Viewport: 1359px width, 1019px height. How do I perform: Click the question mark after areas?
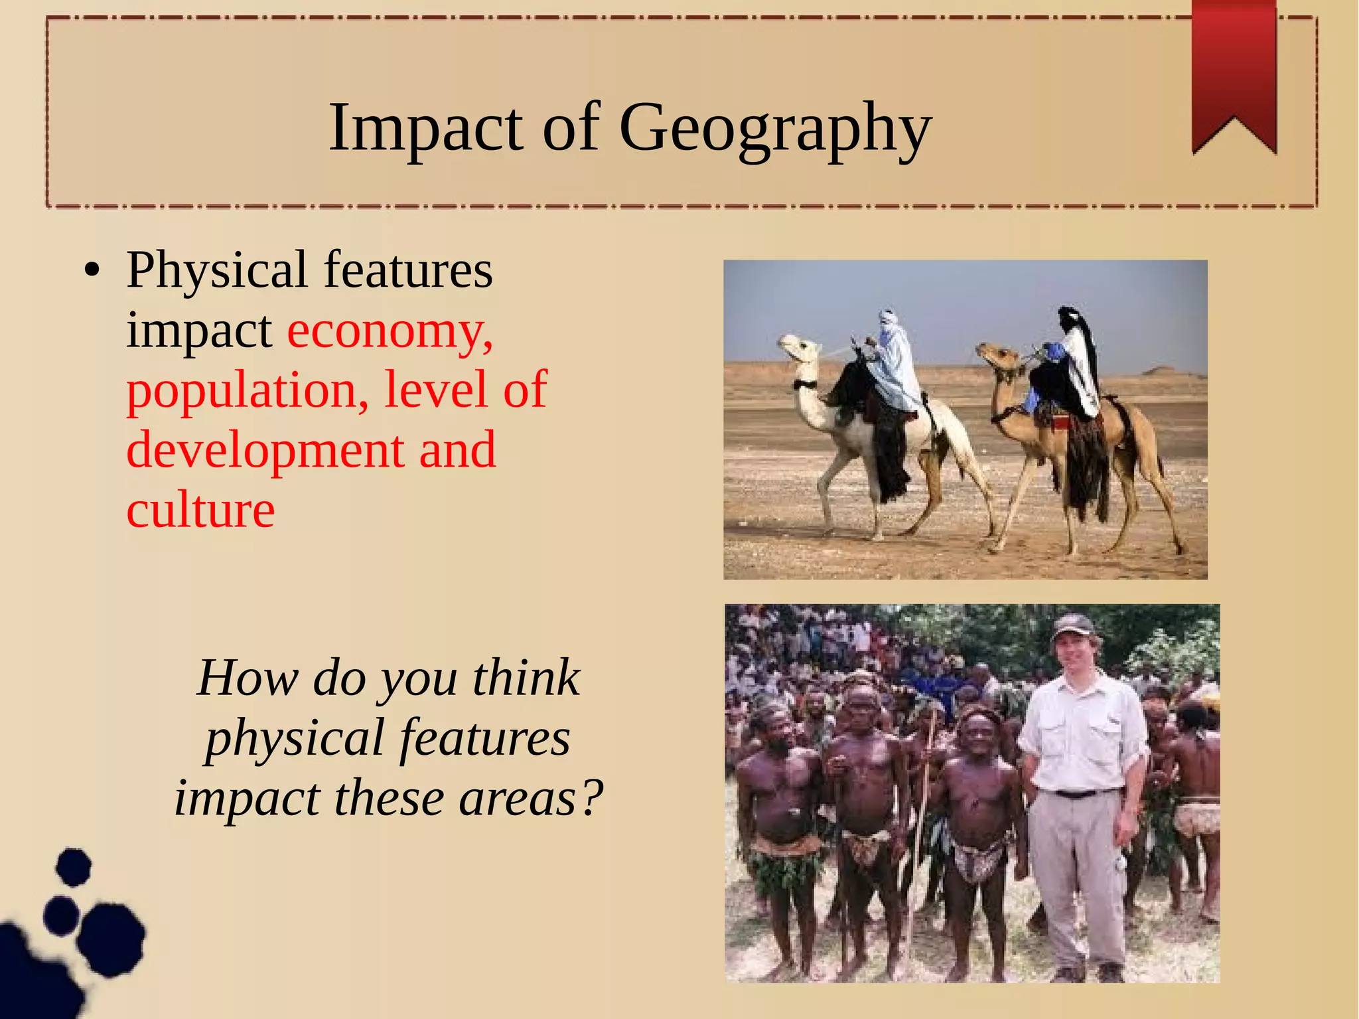pyautogui.click(x=590, y=798)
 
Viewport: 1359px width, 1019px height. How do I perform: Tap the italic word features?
pyautogui.click(x=484, y=738)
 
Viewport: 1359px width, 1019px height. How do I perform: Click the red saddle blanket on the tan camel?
pyautogui.click(x=1060, y=423)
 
